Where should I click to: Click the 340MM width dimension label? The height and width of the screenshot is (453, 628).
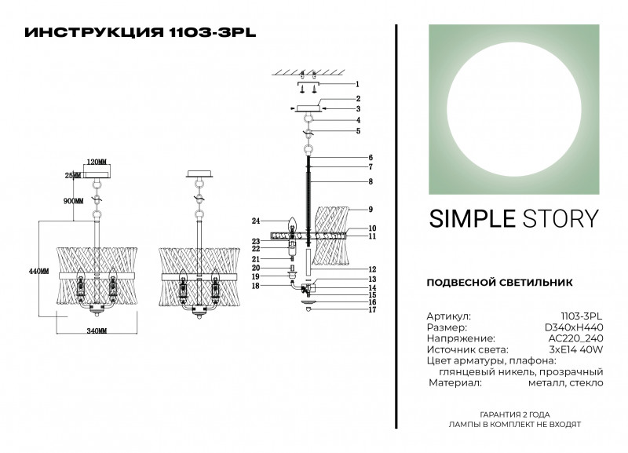pyautogui.click(x=97, y=331)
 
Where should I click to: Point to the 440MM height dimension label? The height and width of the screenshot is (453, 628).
pyautogui.click(x=38, y=271)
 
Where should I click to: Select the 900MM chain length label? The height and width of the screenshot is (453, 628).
pyautogui.click(x=73, y=201)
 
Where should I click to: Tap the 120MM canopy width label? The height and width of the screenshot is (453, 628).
pyautogui.click(x=97, y=162)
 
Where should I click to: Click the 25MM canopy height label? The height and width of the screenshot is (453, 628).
pyautogui.click(x=72, y=175)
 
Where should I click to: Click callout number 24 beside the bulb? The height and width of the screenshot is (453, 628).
pyautogui.click(x=256, y=221)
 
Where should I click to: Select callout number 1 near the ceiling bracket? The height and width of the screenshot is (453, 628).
pyautogui.click(x=357, y=84)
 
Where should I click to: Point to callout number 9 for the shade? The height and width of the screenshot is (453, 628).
pyautogui.click(x=371, y=209)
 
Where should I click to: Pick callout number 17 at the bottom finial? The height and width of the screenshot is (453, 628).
pyautogui.click(x=372, y=309)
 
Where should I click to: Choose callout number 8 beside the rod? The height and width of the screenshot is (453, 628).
pyautogui.click(x=371, y=181)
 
